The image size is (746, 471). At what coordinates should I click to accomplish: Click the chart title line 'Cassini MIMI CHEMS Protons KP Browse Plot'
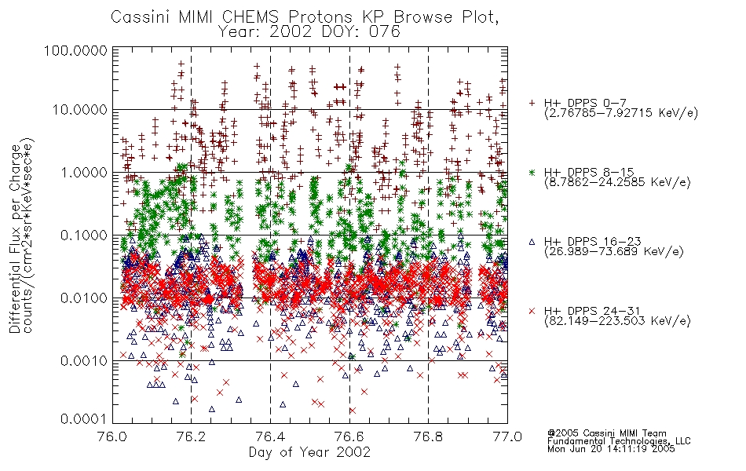pyautogui.click(x=305, y=17)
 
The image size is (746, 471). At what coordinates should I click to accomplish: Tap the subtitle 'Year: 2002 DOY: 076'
pyautogui.click(x=309, y=32)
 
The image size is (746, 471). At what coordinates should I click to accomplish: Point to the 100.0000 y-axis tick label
pyautogui.click(x=75, y=50)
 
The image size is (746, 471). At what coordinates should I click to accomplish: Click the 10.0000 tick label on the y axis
pyautogui.click(x=80, y=110)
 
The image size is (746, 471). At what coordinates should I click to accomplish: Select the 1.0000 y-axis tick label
pyautogui.click(x=84, y=173)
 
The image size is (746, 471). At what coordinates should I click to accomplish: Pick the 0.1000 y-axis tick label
pyautogui.click(x=84, y=235)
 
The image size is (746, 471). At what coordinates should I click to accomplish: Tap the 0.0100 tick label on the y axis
pyautogui.click(x=84, y=298)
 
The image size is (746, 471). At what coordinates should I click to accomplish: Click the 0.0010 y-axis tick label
pyautogui.click(x=84, y=361)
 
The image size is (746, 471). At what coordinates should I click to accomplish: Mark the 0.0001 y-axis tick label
pyautogui.click(x=84, y=419)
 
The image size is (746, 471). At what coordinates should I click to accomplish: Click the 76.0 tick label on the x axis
pyautogui.click(x=113, y=436)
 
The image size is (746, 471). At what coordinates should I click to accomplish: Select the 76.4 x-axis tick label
pyautogui.click(x=270, y=436)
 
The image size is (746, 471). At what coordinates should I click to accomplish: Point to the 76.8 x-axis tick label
pyautogui.click(x=428, y=436)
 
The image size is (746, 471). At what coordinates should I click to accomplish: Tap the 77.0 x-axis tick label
pyautogui.click(x=507, y=436)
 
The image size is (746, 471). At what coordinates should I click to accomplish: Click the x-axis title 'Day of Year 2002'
pyautogui.click(x=309, y=452)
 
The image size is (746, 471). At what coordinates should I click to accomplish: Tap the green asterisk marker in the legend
pyautogui.click(x=532, y=173)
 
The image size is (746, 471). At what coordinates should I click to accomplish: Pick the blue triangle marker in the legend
pyautogui.click(x=532, y=242)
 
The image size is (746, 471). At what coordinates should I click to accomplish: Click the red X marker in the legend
pyautogui.click(x=532, y=311)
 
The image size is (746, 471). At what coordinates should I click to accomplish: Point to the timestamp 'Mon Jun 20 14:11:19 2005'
pyautogui.click(x=611, y=449)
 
